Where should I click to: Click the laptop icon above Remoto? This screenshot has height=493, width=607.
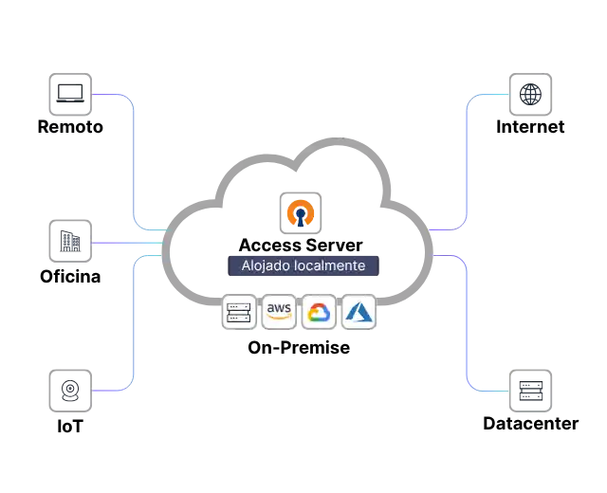(x=70, y=94)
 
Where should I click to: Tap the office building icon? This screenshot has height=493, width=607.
(x=70, y=241)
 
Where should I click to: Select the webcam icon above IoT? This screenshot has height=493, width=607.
(x=70, y=391)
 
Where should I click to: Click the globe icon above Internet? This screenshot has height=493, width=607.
(x=530, y=94)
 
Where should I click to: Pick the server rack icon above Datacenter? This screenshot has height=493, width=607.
(x=530, y=391)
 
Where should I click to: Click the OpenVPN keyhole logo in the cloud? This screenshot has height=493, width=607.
(x=301, y=212)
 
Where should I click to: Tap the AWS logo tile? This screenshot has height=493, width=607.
(x=279, y=312)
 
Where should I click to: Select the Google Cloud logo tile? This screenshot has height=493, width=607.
(x=319, y=312)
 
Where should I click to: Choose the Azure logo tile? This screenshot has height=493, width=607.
(x=359, y=312)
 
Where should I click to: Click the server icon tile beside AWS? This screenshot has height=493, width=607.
(x=239, y=312)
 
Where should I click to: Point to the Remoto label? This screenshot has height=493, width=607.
(x=70, y=127)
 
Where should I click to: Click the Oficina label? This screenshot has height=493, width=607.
(x=70, y=277)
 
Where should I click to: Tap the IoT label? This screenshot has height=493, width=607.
(x=70, y=427)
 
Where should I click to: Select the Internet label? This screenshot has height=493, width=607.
(x=530, y=127)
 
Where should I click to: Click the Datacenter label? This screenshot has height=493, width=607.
(x=531, y=424)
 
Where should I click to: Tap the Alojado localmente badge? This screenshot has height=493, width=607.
(x=303, y=265)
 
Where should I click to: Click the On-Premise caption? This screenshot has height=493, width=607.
(x=299, y=348)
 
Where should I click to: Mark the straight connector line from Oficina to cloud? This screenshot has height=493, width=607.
(x=128, y=243)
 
